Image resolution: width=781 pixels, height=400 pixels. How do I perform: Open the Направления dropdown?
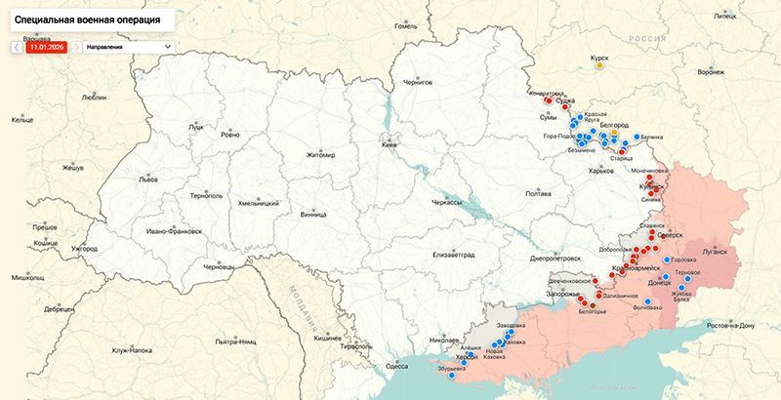point(128,46)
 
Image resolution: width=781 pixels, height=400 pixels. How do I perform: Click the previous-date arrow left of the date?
point(17,46)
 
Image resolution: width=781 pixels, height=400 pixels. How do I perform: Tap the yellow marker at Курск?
point(599,67)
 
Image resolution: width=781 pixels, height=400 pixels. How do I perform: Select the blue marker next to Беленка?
point(637,137)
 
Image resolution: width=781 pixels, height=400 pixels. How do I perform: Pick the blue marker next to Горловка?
point(668,260)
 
